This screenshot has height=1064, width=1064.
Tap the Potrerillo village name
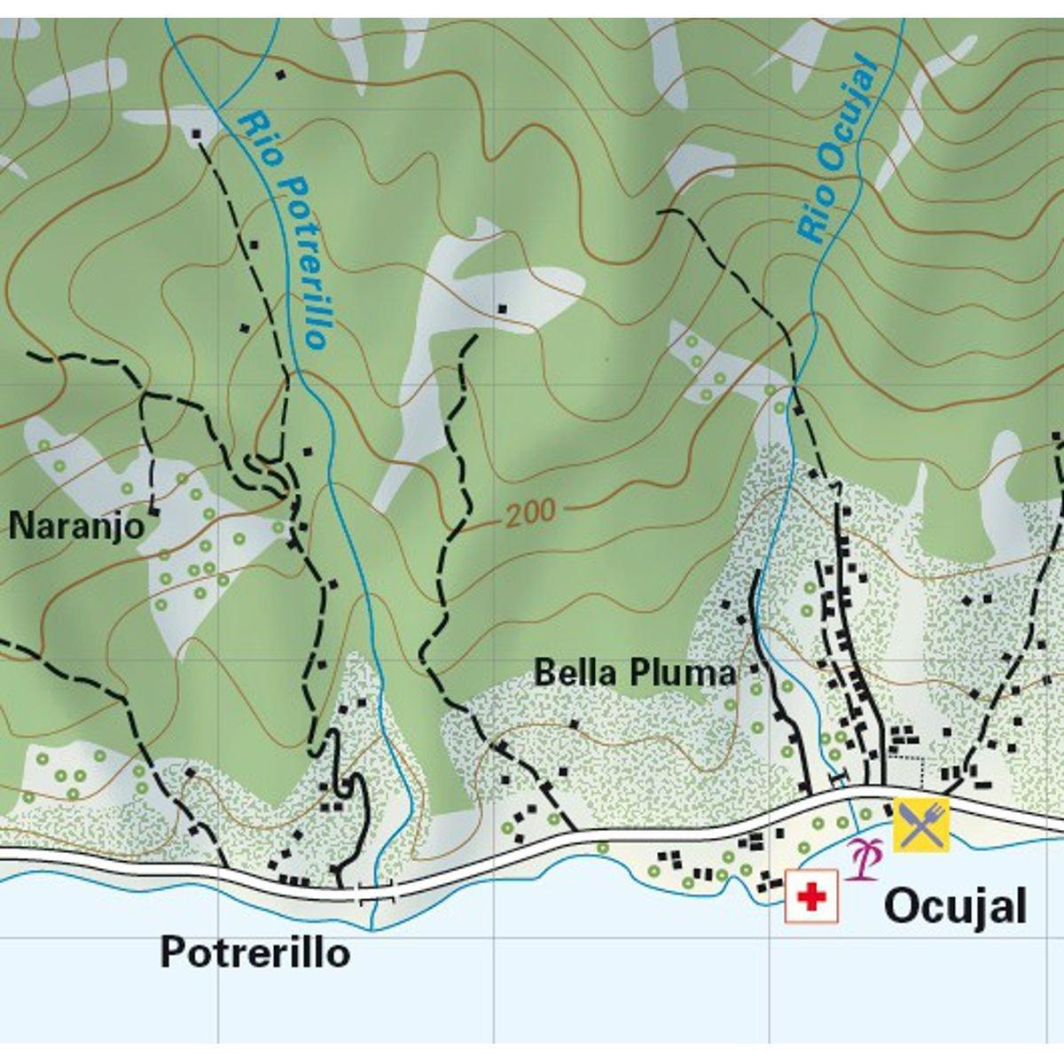(254, 954)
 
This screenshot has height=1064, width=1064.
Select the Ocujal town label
(955, 907)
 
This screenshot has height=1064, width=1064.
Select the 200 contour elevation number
(531, 512)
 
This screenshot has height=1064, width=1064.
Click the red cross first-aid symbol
(811, 897)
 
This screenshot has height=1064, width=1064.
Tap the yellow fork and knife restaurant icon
(920, 825)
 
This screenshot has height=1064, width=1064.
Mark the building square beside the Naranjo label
(154, 512)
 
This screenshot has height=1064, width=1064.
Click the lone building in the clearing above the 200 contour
(503, 309)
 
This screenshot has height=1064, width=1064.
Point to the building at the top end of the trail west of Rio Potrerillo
(196, 134)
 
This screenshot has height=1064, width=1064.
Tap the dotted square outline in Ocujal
(906, 771)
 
